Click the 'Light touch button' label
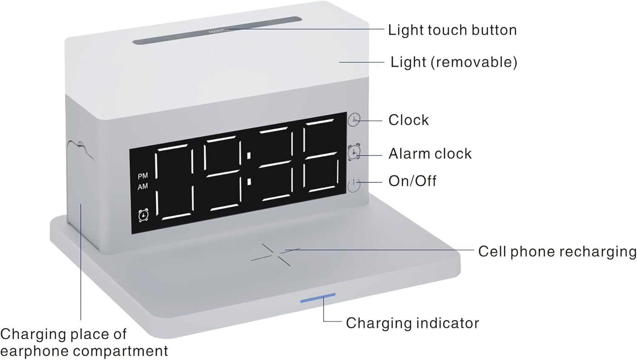[452, 30]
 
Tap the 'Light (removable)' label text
[454, 62]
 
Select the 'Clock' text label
[408, 120]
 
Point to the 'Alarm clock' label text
[430, 154]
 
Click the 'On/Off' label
[412, 181]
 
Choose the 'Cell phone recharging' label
[557, 251]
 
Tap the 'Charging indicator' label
[412, 323]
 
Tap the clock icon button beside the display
[354, 120]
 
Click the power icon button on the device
[354, 185]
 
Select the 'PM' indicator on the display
[143, 176]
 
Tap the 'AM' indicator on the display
[143, 186]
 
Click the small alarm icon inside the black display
[144, 215]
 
